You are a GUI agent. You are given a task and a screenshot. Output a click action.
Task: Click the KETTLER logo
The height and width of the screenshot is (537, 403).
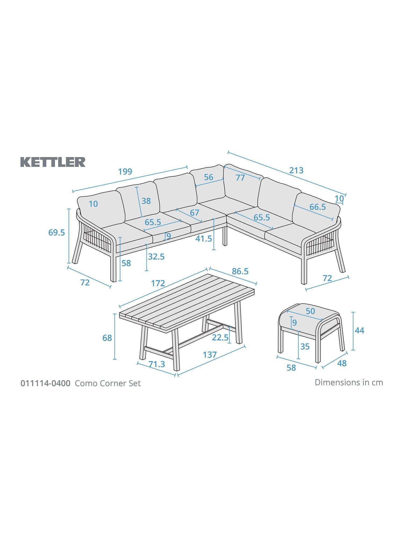pos(53,162)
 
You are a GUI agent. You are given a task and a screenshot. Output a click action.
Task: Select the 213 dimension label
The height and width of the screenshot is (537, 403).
pos(296,170)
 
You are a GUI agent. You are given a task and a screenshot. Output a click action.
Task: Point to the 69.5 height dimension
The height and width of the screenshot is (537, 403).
pos(57,233)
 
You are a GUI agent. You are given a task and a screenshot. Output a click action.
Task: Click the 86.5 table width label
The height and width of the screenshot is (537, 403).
pos(240,271)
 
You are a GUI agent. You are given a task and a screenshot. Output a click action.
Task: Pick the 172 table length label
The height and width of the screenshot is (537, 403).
pos(158,283)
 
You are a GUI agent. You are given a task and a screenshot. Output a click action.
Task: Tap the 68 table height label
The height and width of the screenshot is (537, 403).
pos(107,338)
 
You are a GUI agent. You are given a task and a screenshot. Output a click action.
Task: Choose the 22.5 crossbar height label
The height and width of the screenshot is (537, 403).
pos(220,338)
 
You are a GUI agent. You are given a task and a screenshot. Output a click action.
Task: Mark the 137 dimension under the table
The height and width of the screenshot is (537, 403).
pos(210,355)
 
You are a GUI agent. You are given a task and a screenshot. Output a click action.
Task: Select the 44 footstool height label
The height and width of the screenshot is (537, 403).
pos(359,331)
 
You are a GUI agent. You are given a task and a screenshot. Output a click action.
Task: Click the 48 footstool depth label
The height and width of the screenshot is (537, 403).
pos(342,363)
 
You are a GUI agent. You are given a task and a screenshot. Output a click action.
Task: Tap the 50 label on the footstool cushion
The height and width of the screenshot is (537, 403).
pos(310,311)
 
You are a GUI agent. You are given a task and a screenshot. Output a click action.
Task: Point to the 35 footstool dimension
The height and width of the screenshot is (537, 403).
pos(305,347)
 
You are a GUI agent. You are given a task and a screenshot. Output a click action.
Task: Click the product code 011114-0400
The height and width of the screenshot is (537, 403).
pos(45,383)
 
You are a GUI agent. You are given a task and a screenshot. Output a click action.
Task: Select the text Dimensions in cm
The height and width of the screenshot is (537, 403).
pos(349,382)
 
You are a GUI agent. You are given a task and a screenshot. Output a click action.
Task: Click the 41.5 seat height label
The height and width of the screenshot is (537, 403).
pos(204,238)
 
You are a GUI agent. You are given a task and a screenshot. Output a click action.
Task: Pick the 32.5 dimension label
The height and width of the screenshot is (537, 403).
pos(156,257)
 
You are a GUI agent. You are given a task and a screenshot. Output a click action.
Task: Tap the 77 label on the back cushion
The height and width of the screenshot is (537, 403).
pos(240,178)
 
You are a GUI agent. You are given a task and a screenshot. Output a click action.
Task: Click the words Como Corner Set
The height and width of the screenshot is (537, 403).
pos(108,383)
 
